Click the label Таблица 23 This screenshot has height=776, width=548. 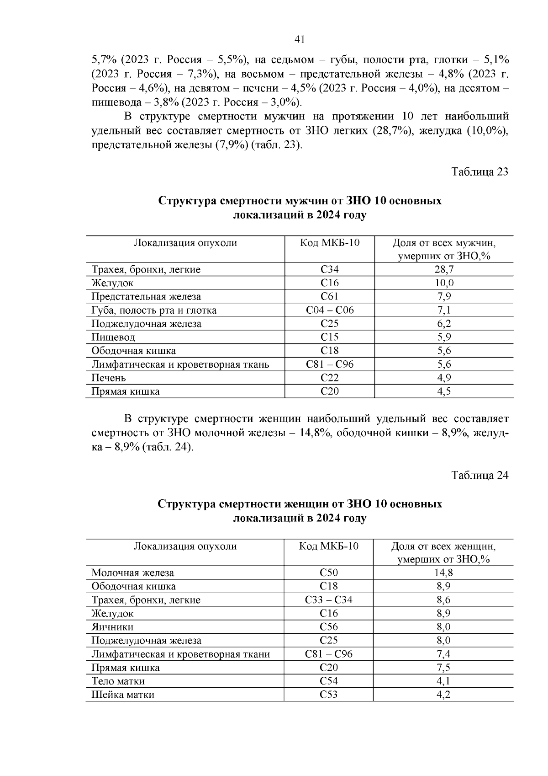pos(479,172)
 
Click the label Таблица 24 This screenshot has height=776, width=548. pos(479,476)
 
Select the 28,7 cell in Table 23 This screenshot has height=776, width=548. pos(443,269)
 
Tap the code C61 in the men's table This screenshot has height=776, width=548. pos(329,296)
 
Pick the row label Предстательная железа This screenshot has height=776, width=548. pos(146,297)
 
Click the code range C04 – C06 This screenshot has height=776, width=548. pos(329,310)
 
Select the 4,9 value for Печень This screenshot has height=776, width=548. pos(443,378)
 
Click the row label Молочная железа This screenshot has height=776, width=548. pos(132,573)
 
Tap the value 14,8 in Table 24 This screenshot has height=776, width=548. pos(443,573)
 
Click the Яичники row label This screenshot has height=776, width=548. pos(112,627)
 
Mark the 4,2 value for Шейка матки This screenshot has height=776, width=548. pos(443,695)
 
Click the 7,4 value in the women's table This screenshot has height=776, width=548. pos(443,654)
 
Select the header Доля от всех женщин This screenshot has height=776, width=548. pos(443,546)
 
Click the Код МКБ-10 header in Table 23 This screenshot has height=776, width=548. pos(329,243)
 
